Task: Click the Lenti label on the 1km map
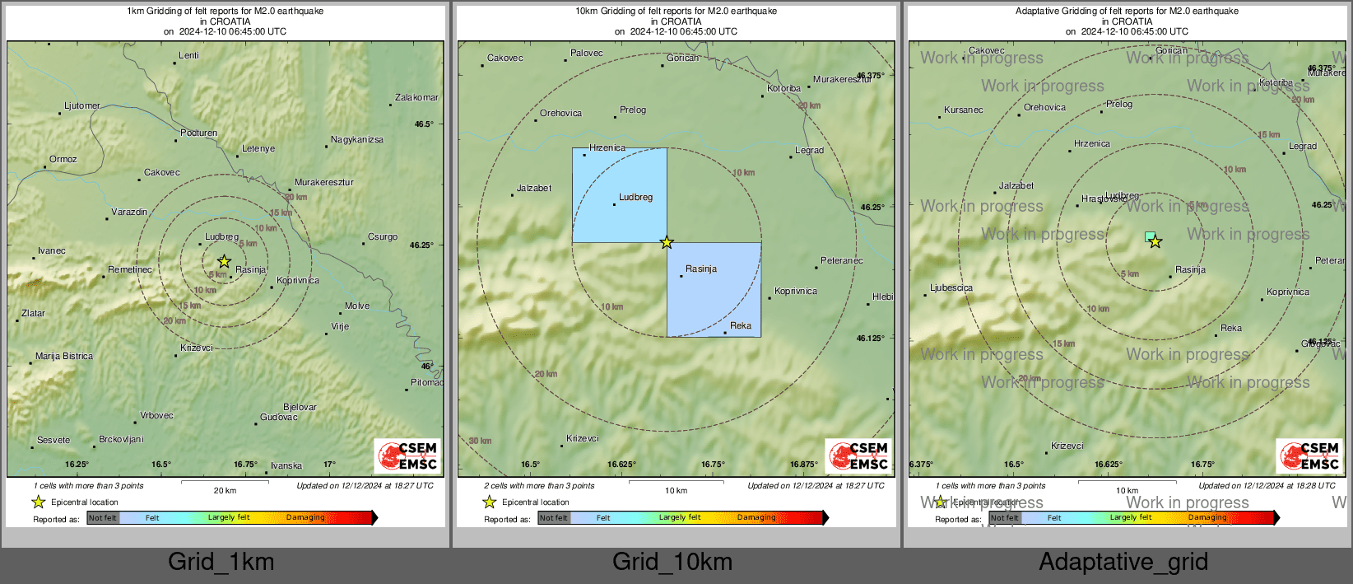(188, 56)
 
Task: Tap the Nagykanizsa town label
(356, 140)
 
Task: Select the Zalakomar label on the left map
(416, 98)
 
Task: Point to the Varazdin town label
(129, 213)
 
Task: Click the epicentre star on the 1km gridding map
(224, 261)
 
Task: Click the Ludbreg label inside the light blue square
(635, 198)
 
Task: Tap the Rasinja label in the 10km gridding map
(701, 269)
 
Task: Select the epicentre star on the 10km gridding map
(667, 242)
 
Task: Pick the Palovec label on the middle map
(587, 54)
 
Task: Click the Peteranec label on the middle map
(842, 261)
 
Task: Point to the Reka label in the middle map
(741, 326)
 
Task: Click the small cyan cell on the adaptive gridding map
(1149, 236)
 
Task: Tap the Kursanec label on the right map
(964, 110)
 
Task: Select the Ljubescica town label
(951, 288)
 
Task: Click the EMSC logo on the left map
(407, 456)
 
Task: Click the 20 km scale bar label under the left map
(225, 491)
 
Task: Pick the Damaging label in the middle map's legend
(756, 518)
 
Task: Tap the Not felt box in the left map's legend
(103, 518)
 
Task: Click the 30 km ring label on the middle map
(480, 442)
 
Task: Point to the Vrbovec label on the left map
(156, 416)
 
